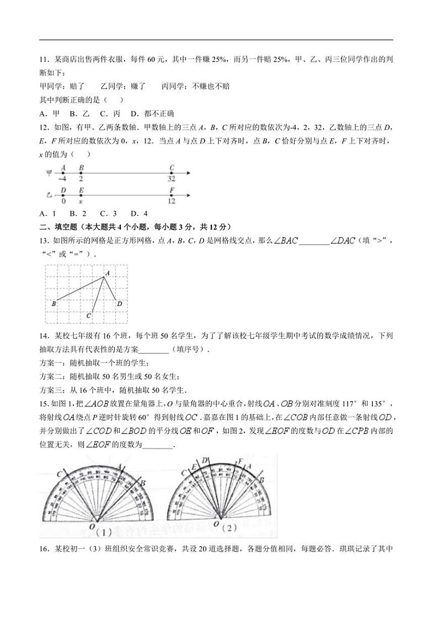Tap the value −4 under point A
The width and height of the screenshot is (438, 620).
point(63,179)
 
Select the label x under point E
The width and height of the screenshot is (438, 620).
point(81,201)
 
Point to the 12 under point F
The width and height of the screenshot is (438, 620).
point(172,201)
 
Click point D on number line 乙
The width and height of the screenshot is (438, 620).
point(63,195)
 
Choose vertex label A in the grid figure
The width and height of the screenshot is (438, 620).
point(108,272)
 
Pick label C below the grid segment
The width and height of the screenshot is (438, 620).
point(88,316)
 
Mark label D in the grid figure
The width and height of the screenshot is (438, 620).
point(119,303)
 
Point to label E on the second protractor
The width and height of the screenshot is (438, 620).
point(194,468)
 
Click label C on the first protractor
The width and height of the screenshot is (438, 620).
point(59,473)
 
